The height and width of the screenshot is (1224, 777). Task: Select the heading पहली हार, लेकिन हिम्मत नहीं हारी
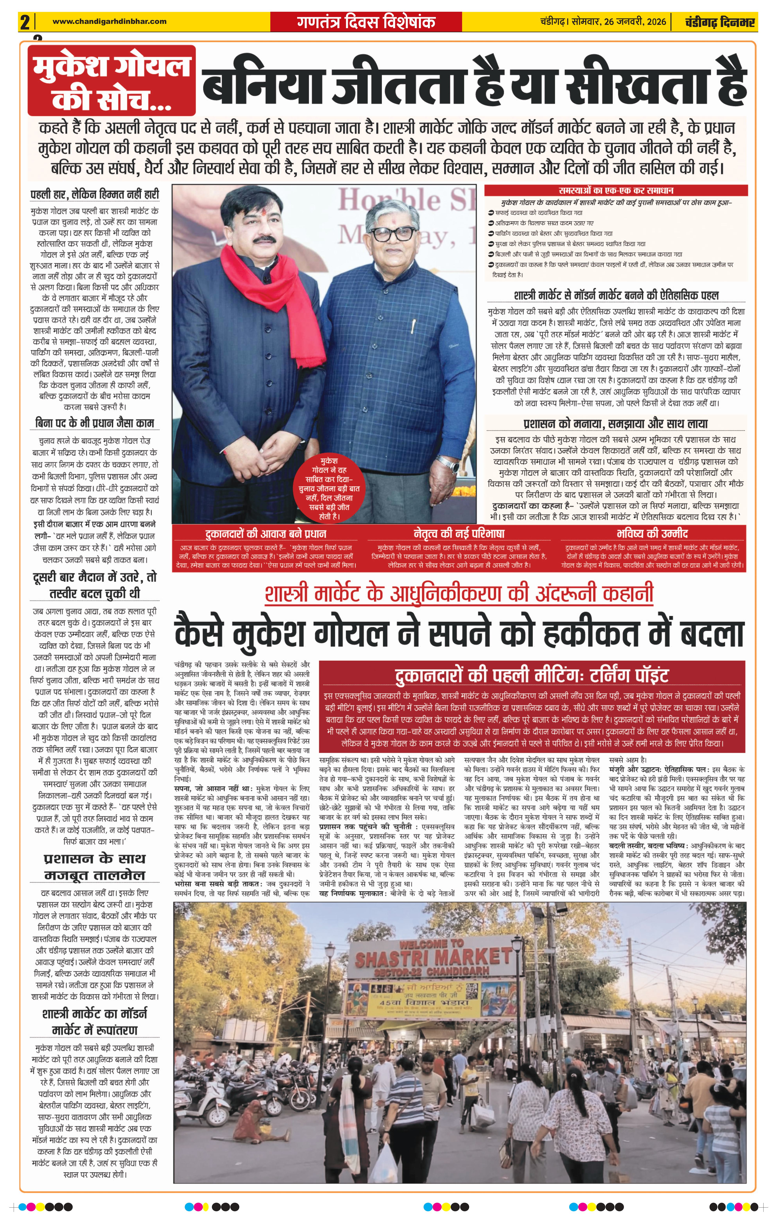(x=95, y=194)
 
